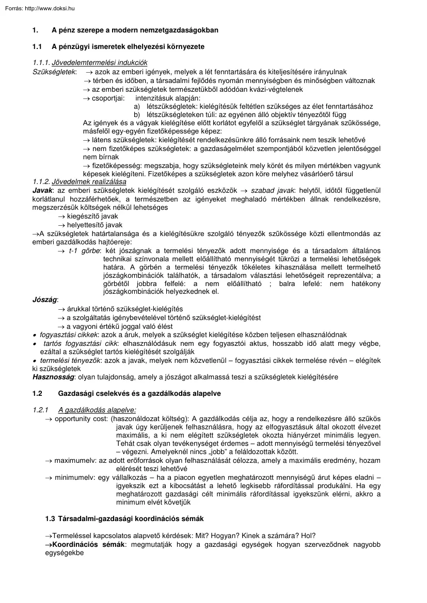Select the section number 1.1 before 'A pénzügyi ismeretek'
coord(37,47)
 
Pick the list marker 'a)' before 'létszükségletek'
coord(137,106)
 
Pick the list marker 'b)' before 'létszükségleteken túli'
coord(137,114)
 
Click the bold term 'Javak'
coord(41,191)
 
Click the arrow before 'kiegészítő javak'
coord(62,216)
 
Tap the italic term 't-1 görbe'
coord(84,250)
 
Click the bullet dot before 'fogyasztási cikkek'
coord(34,335)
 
